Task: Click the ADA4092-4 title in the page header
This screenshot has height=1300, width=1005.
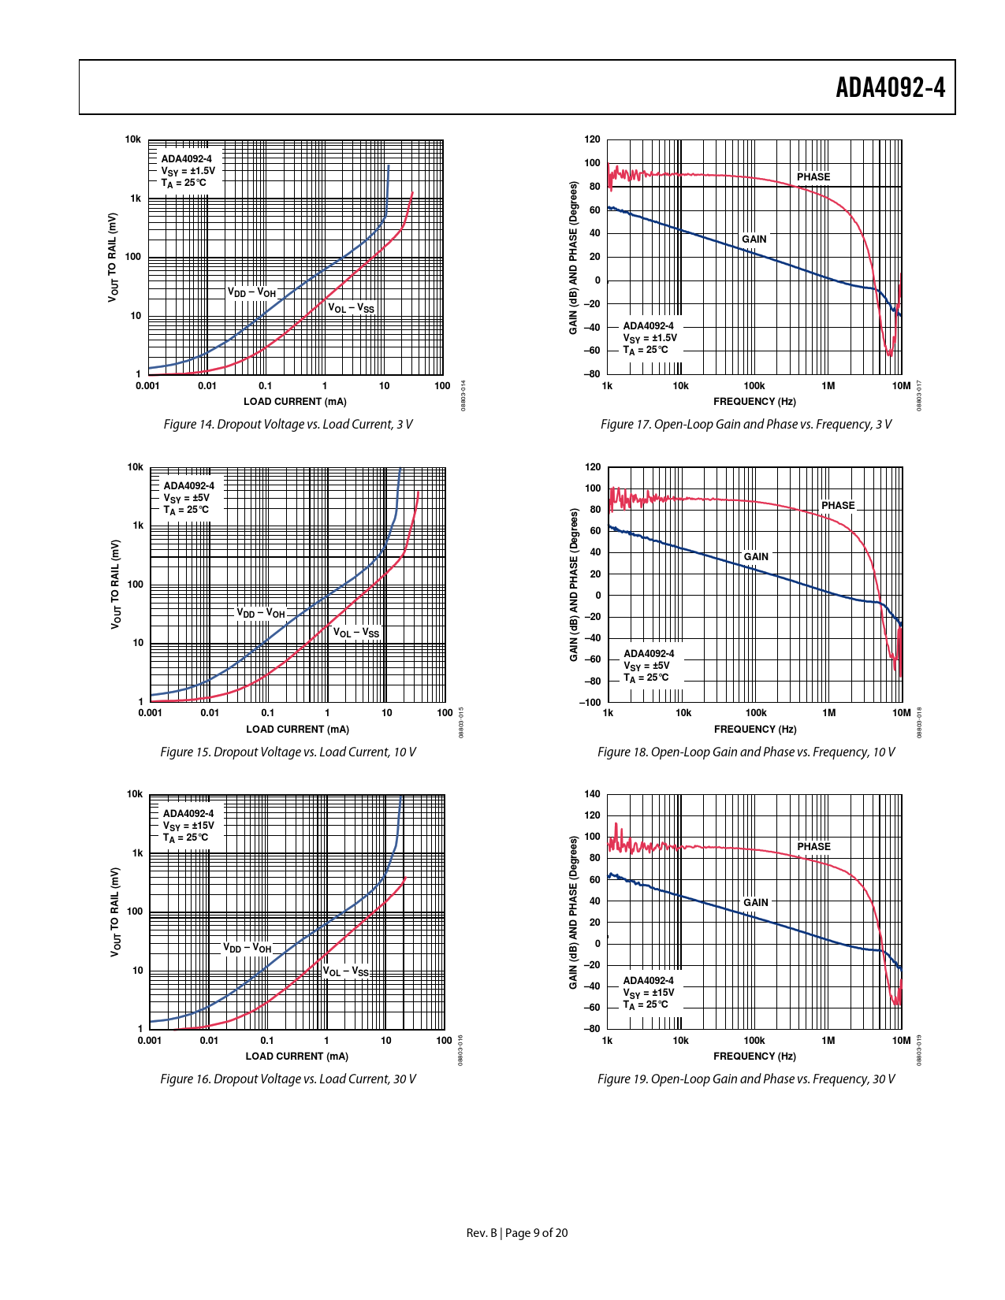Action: [890, 87]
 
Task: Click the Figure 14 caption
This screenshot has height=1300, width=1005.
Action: [288, 425]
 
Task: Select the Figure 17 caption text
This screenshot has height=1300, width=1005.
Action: [746, 425]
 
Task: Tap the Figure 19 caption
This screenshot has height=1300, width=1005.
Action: [746, 1079]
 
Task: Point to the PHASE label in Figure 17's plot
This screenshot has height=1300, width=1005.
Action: [813, 177]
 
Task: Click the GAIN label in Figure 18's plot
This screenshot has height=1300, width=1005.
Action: [755, 557]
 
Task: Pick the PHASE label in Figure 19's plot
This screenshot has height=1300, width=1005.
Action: [813, 847]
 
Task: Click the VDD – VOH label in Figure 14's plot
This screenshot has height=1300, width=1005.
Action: [252, 292]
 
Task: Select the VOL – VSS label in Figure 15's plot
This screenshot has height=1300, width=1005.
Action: [355, 633]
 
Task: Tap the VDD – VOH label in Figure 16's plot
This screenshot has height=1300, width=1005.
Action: [247, 948]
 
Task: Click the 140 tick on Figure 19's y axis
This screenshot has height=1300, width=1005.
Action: [592, 794]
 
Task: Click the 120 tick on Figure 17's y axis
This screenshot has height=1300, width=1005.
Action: [592, 139]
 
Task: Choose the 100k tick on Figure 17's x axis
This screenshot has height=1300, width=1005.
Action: [754, 386]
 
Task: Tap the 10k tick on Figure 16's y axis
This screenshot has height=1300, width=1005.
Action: [135, 794]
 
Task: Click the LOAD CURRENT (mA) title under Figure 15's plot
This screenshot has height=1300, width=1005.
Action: [297, 730]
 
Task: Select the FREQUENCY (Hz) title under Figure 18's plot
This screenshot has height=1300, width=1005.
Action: [755, 730]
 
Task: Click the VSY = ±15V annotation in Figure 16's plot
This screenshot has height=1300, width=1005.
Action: [188, 826]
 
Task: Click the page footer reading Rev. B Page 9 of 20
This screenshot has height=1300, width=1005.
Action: [516, 1233]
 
